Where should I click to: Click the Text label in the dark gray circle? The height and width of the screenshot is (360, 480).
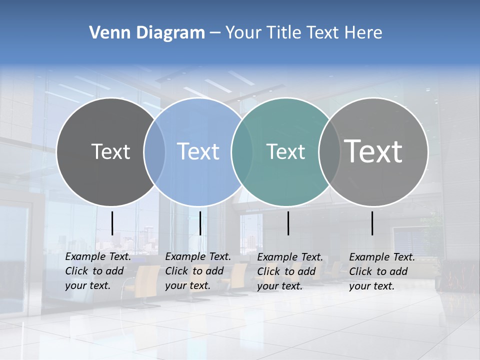[110, 151]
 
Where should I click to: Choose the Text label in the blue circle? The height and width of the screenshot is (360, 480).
[198, 151]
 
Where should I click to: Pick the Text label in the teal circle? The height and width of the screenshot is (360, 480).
[285, 151]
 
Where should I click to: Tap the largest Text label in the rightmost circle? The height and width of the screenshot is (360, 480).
[373, 151]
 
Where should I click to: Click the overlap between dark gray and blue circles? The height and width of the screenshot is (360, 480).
[154, 151]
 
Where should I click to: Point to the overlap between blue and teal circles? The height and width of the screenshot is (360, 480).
[242, 151]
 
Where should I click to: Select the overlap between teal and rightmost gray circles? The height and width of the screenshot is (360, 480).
[329, 151]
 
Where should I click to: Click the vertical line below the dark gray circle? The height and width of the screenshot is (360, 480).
[112, 223]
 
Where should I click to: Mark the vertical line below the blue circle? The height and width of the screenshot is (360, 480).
[200, 223]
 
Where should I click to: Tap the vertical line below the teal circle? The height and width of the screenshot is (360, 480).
[288, 223]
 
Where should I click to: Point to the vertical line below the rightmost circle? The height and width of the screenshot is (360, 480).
[372, 223]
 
